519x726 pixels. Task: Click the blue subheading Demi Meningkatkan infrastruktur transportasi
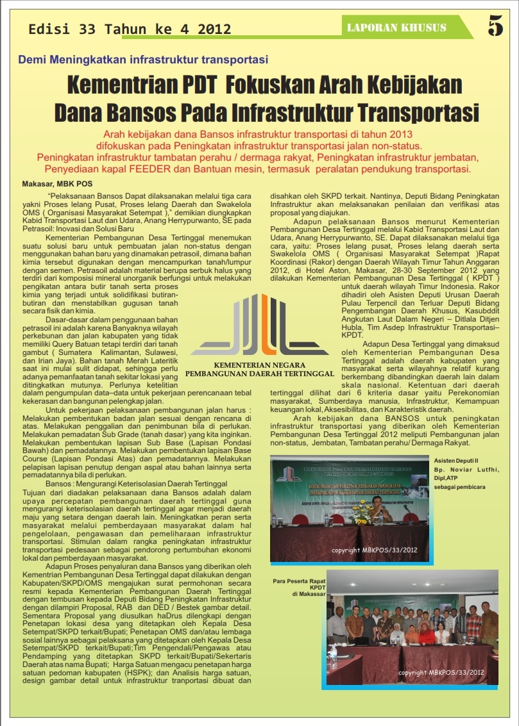point(143,60)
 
